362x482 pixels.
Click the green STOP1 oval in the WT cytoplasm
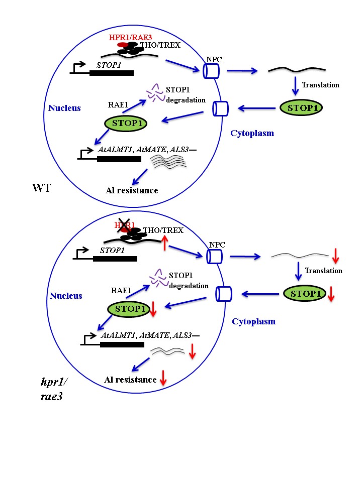pos(301,107)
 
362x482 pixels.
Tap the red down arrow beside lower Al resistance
pos(163,379)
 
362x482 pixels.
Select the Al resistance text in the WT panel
pos(132,190)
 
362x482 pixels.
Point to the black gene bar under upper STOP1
pos(112,73)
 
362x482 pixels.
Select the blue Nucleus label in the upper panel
pos(64,108)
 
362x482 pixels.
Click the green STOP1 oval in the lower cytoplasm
pos(304,294)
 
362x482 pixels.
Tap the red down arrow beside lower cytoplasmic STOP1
pos(331,296)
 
